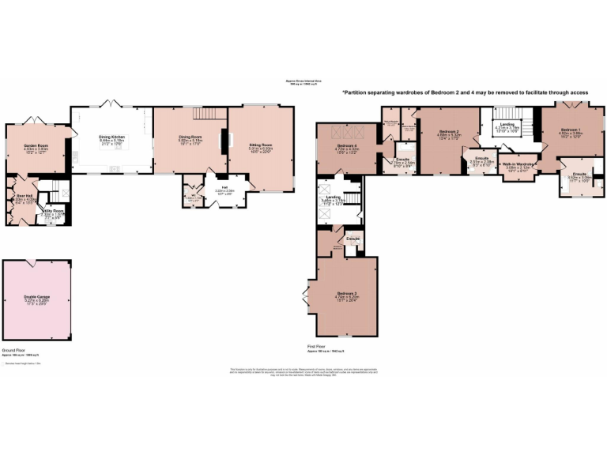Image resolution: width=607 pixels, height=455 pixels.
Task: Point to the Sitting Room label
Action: click(261, 145)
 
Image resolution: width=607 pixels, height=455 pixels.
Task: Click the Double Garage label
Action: click(37, 298)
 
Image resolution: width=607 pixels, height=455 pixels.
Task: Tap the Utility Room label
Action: click(53, 211)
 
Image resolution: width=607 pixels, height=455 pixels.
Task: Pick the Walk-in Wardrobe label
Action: click(518, 164)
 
